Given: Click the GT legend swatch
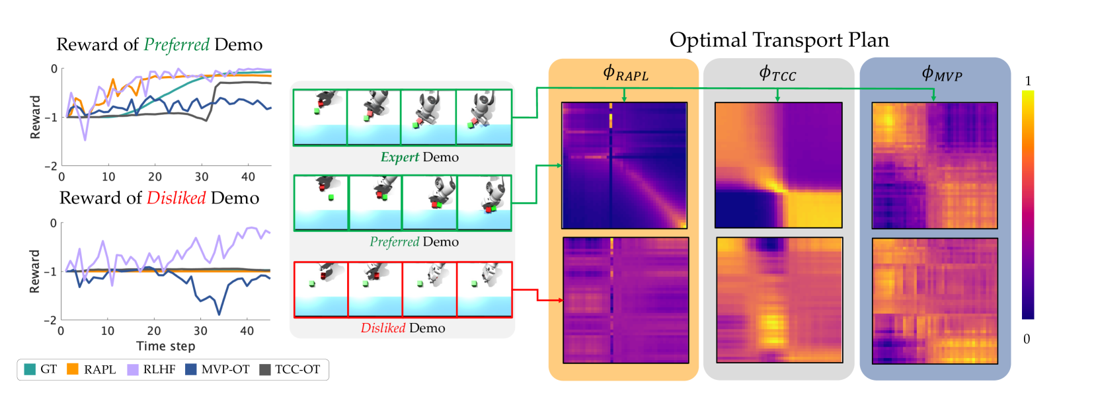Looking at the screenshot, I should [x=30, y=369].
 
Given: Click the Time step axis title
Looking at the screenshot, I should [x=165, y=346].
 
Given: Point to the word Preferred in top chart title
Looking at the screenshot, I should [x=176, y=45].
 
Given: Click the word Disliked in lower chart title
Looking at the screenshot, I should [x=176, y=198].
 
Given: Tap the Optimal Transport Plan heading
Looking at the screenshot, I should [x=779, y=40].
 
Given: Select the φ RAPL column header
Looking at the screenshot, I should [x=625, y=74].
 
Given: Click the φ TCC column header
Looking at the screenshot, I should [x=777, y=74].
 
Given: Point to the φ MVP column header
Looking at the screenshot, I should [x=941, y=74].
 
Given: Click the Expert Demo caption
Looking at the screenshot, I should [x=419, y=157].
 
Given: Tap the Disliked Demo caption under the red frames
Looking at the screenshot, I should [x=403, y=328].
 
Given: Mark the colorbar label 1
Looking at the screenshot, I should [x=1028, y=81].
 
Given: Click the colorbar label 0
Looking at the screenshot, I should [x=1027, y=339].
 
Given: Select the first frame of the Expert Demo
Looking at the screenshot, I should [x=321, y=117].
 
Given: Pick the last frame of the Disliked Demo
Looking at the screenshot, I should [x=485, y=289].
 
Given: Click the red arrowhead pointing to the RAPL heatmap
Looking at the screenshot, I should [x=560, y=300].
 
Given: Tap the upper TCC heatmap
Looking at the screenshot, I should [x=778, y=165].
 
